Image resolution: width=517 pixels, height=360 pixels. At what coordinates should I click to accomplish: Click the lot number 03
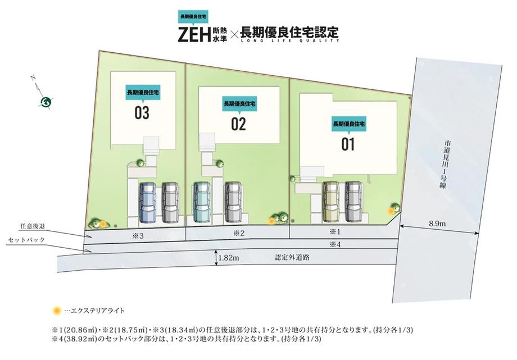(x=142, y=113)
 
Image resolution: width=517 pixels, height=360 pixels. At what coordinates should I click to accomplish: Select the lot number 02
(x=238, y=124)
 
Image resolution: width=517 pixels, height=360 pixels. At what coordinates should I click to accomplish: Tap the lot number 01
(x=348, y=144)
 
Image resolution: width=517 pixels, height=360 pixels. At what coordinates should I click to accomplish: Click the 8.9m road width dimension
(x=437, y=224)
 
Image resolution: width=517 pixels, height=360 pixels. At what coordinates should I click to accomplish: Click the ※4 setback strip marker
(x=335, y=245)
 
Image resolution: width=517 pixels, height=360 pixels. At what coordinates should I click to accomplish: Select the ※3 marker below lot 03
(x=138, y=236)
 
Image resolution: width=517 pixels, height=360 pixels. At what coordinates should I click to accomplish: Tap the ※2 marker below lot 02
(x=239, y=234)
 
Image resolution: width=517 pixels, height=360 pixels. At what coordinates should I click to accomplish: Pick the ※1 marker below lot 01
(x=335, y=232)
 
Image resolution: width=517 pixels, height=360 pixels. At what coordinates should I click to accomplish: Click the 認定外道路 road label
(x=292, y=257)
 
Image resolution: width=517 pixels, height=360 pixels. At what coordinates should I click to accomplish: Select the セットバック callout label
(x=26, y=240)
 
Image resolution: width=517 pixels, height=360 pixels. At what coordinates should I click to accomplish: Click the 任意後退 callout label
(x=33, y=226)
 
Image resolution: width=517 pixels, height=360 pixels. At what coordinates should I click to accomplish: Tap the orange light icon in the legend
(x=57, y=311)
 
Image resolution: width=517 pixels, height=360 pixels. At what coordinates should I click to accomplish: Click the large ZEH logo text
(x=194, y=35)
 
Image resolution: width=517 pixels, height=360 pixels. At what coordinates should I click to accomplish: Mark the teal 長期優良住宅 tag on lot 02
(x=239, y=104)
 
